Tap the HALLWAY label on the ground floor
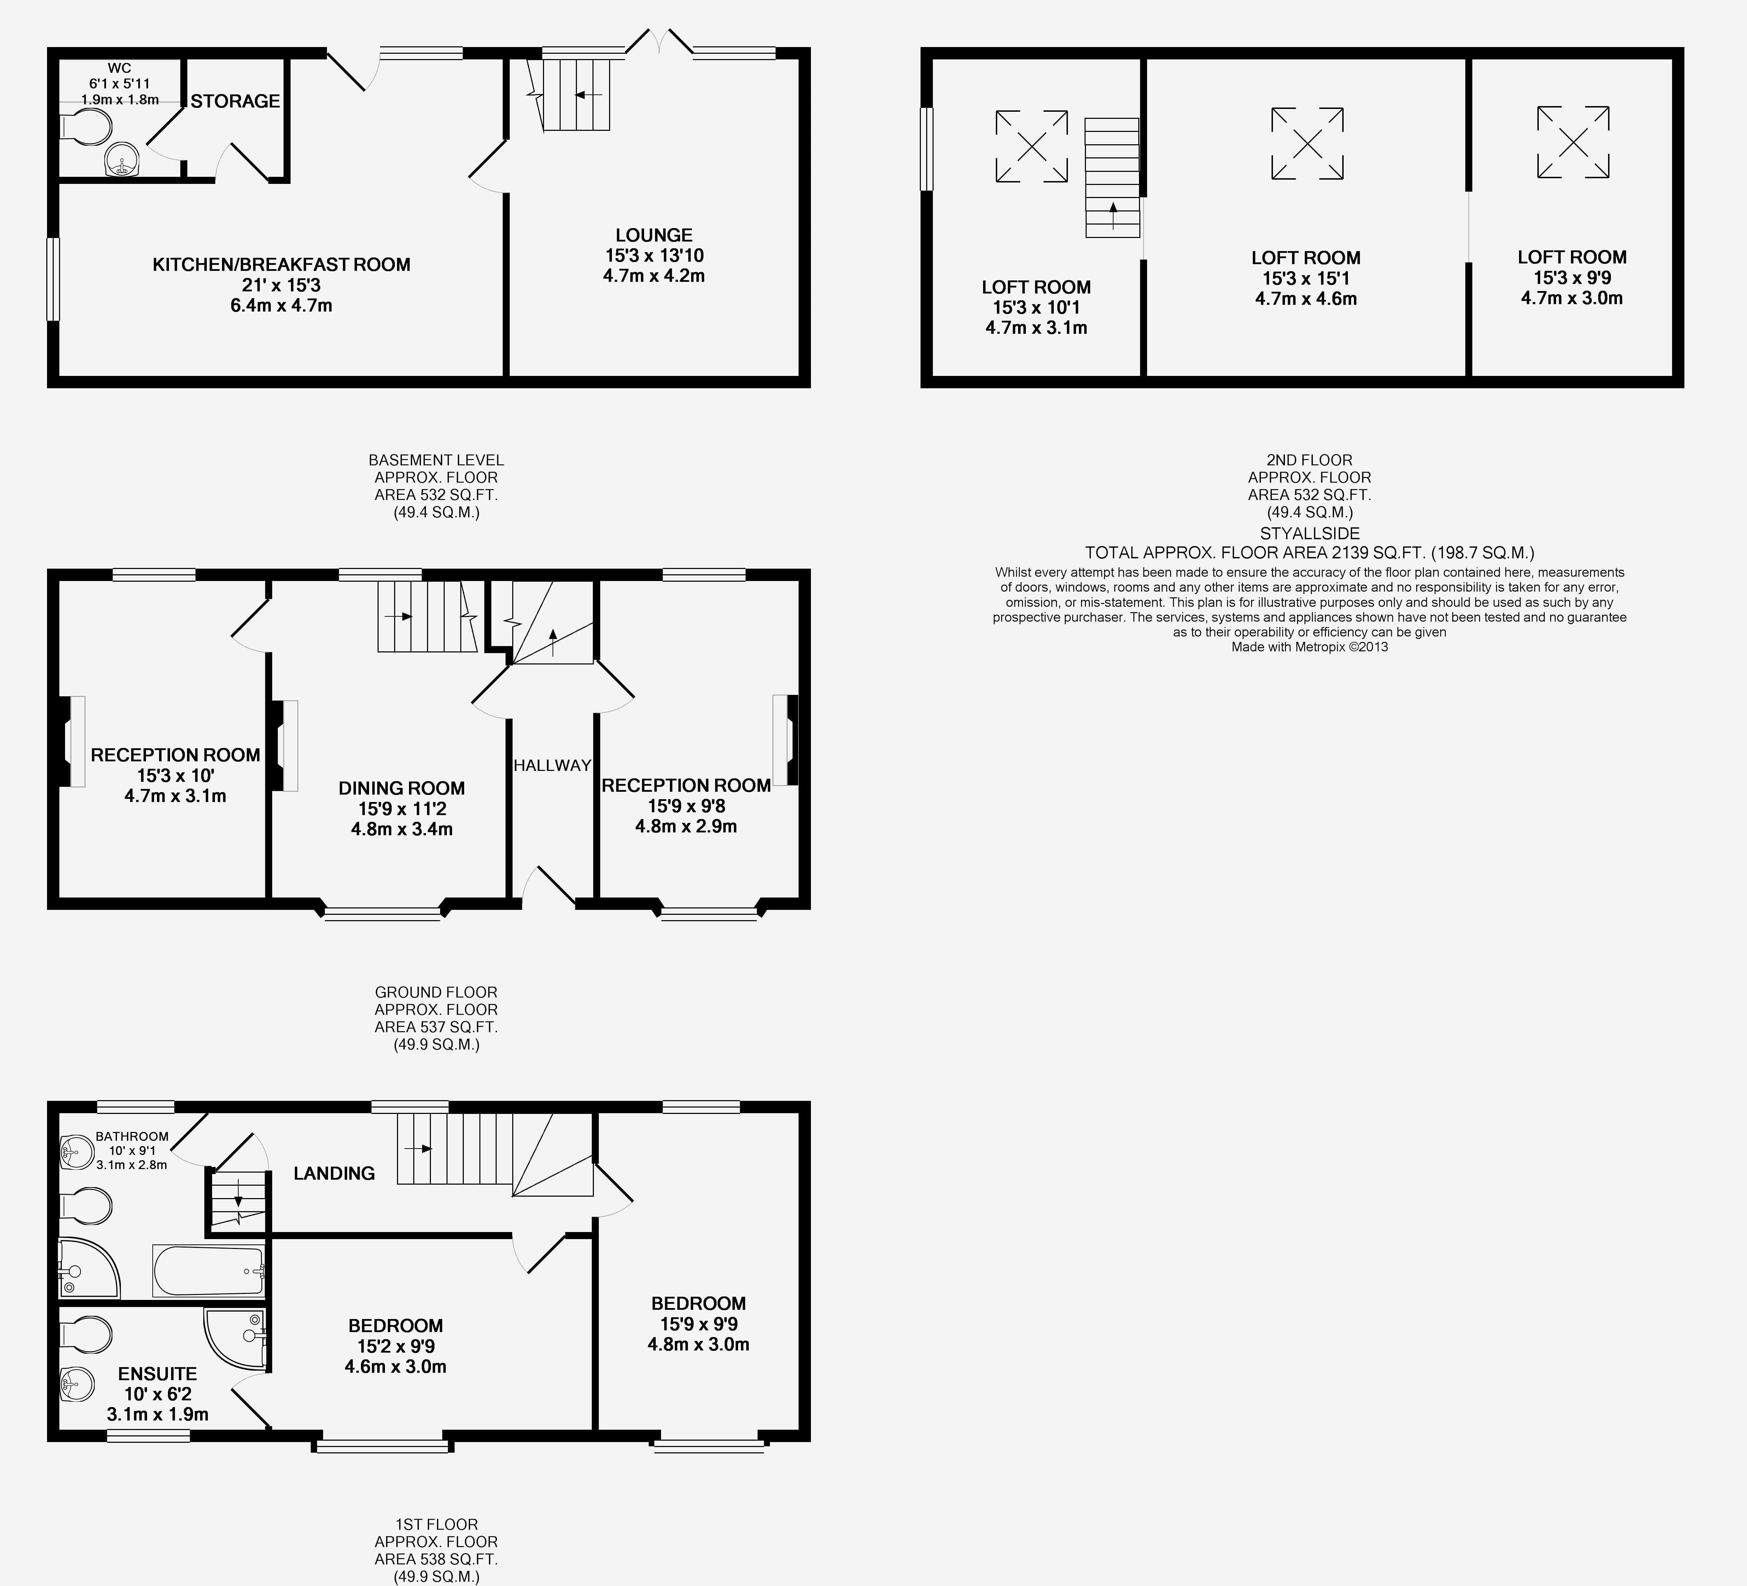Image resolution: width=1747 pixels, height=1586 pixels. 552,765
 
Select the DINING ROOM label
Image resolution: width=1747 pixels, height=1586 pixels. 401,788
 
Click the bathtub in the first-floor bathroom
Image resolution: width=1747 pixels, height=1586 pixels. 208,1271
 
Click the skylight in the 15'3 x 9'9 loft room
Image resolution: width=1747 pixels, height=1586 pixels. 1573,142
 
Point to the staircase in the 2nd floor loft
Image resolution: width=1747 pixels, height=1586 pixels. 1112,178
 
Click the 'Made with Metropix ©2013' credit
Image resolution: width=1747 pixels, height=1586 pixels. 1309,646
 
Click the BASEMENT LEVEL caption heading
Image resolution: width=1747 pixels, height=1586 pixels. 436,460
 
